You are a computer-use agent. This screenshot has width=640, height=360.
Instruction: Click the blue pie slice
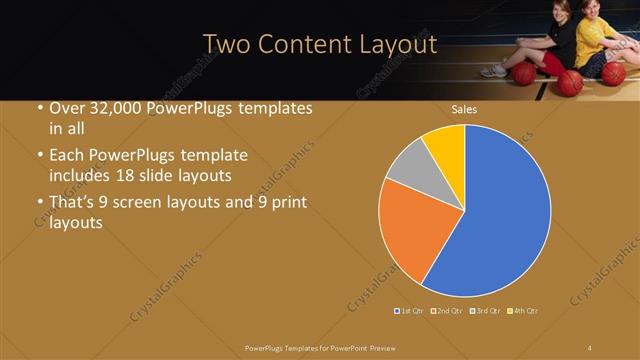coord(500,210)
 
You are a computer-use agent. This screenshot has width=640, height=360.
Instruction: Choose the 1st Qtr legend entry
coord(411,312)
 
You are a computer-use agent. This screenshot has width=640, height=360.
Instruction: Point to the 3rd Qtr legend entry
coord(486,312)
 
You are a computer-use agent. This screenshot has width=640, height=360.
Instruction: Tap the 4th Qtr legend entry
coord(525,312)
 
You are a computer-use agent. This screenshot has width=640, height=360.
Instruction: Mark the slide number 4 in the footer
coord(590,347)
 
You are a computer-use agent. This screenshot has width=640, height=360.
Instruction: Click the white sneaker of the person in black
coord(493,71)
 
